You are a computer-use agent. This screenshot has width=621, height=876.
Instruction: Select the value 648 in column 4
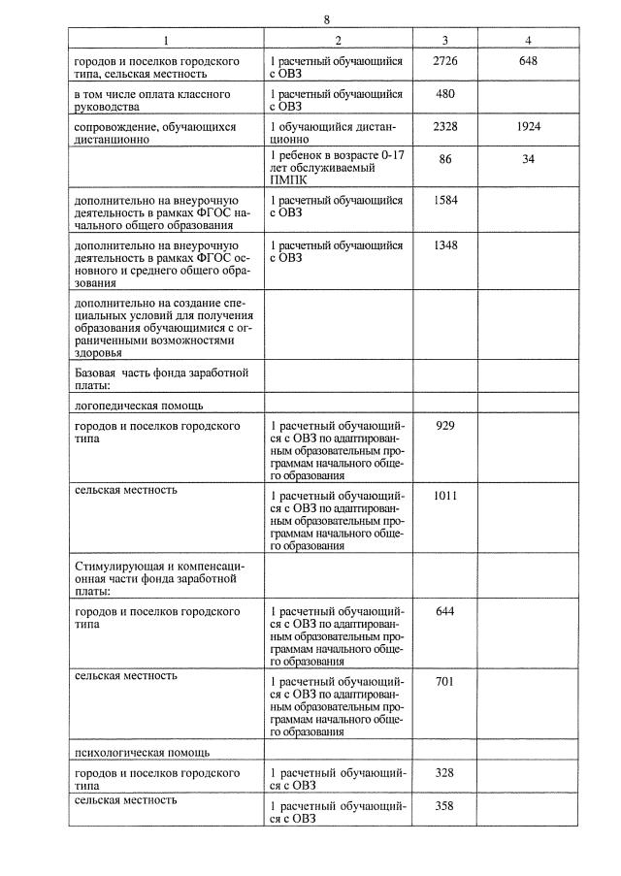tap(528, 60)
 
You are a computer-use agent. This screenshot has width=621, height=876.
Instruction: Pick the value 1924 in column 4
tap(528, 127)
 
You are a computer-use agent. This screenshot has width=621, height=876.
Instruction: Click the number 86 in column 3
tap(445, 159)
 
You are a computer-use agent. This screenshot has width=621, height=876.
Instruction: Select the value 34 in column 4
tap(528, 159)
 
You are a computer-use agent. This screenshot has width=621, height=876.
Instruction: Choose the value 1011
tap(445, 496)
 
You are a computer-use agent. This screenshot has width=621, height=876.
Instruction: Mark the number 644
tap(445, 610)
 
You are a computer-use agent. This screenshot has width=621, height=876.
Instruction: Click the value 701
tap(445, 681)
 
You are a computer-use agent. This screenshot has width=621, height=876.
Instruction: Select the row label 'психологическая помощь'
tap(141, 752)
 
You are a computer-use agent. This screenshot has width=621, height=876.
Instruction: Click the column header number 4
tap(528, 40)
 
